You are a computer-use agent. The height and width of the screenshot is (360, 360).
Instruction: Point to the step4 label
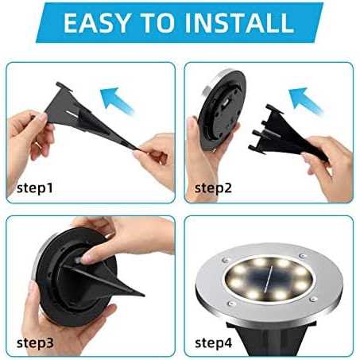[x=214, y=343]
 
